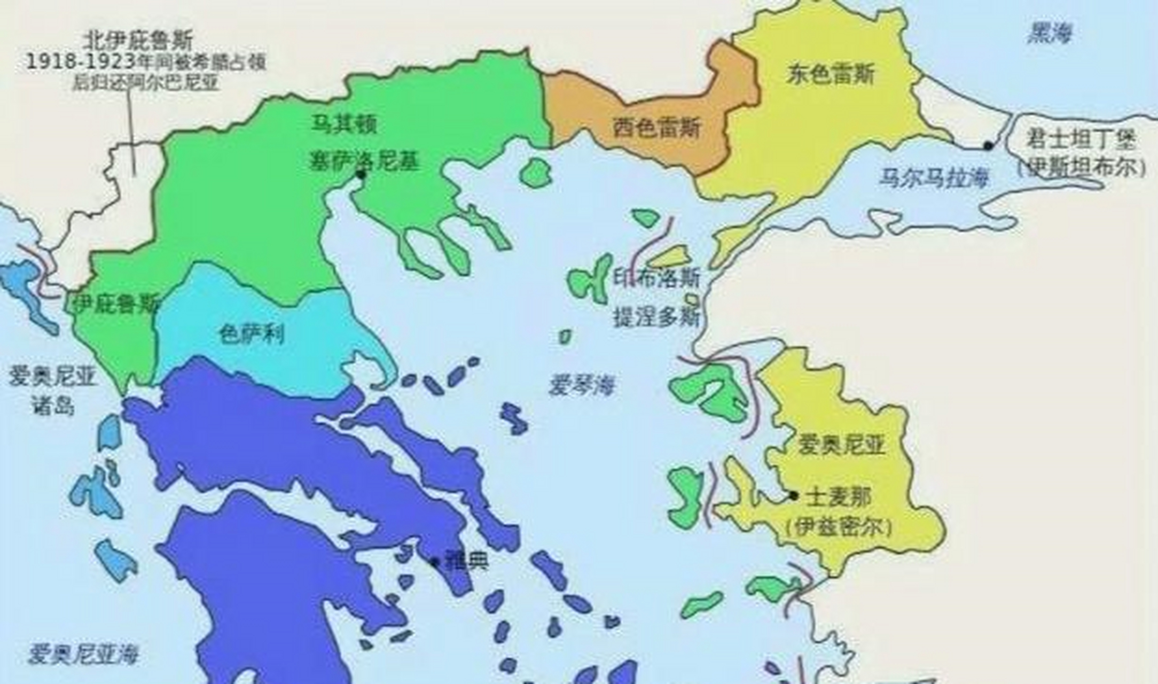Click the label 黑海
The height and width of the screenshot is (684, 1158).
click(x=1050, y=35)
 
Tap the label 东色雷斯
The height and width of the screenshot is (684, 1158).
click(x=830, y=75)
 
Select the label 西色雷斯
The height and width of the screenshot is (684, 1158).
click(x=657, y=128)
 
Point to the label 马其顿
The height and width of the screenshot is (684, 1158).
click(x=345, y=124)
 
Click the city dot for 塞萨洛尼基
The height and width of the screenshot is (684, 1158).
click(x=362, y=174)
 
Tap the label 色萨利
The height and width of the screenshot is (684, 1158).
click(x=252, y=335)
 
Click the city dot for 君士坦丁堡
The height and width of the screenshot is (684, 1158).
click(x=988, y=145)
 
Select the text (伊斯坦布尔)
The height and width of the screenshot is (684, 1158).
click(x=1081, y=168)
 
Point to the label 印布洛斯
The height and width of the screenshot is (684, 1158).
click(x=656, y=278)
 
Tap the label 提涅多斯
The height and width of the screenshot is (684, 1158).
click(x=656, y=317)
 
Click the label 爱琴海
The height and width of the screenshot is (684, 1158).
click(x=582, y=385)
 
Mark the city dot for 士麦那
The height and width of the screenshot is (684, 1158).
click(x=794, y=496)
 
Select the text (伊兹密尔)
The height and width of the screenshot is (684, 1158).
click(x=839, y=527)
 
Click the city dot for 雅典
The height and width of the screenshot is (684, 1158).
click(x=435, y=562)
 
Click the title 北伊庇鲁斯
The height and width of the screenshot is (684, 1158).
click(x=138, y=40)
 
